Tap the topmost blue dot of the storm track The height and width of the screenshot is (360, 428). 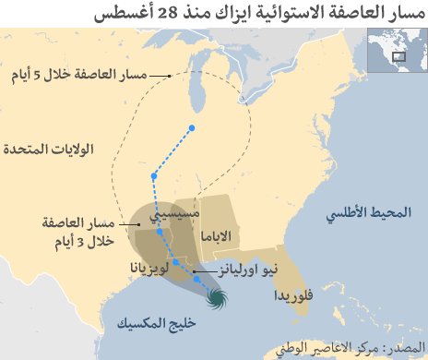[x=192, y=127]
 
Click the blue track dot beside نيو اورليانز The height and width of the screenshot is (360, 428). [x=196, y=277]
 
